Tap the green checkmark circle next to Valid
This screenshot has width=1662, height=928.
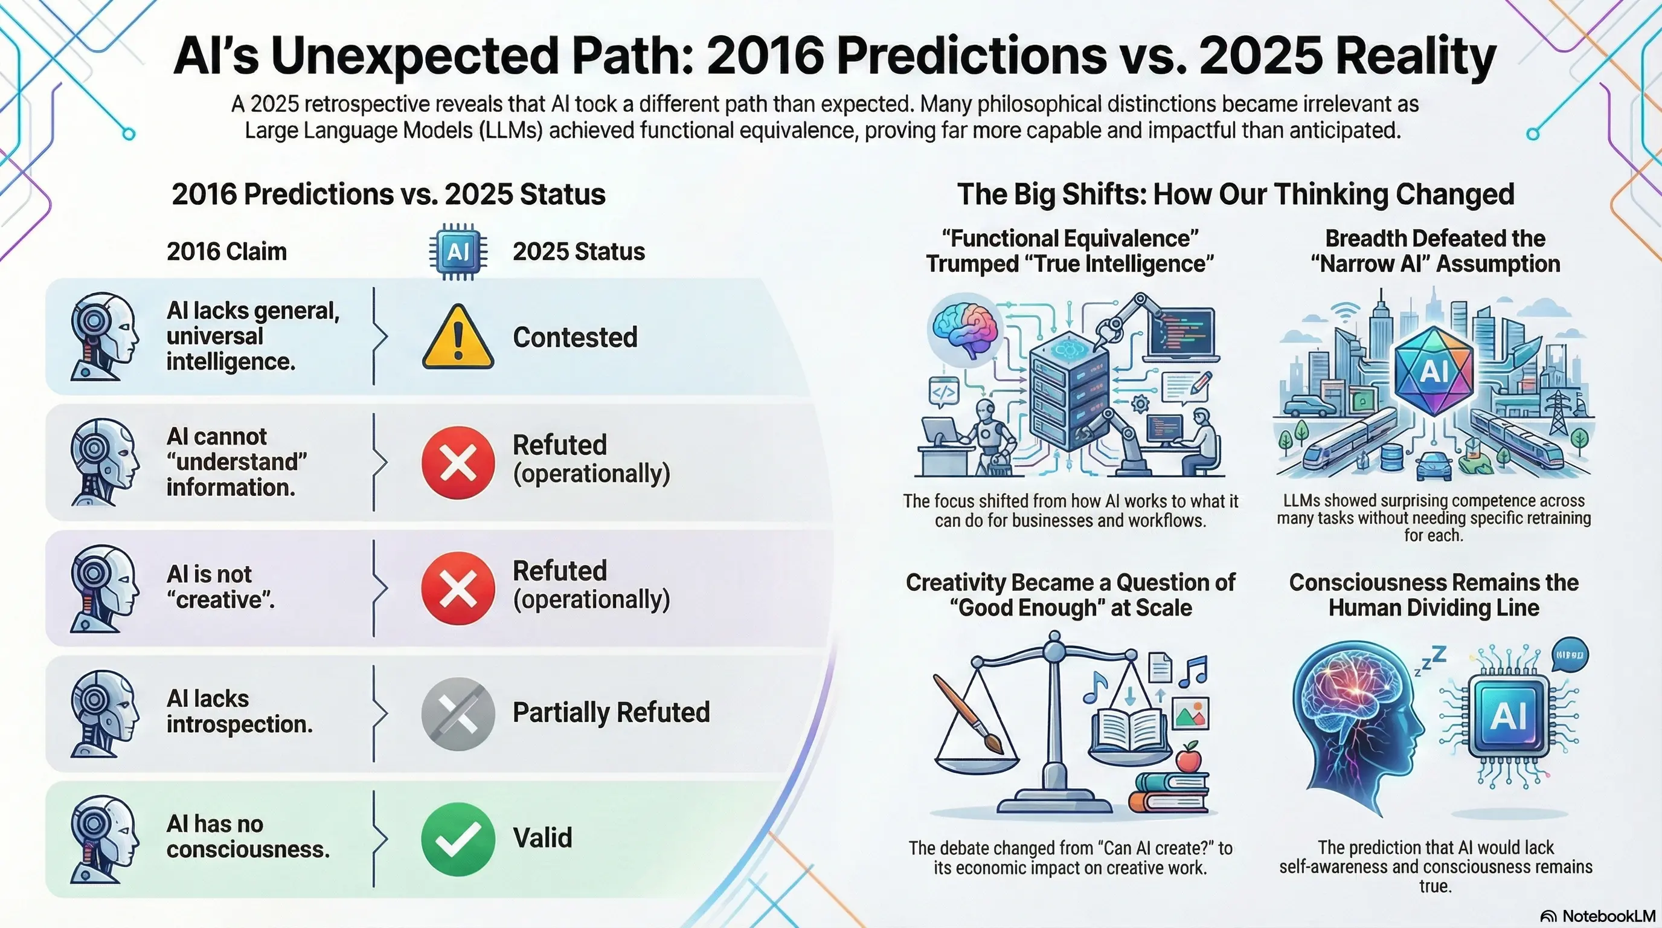pos(458,839)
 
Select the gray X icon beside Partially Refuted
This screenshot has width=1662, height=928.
pos(458,714)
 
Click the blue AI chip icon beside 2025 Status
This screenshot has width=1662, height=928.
pos(458,251)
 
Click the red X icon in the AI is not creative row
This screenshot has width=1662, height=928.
pos(458,588)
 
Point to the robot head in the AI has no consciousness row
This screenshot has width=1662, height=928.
pos(103,839)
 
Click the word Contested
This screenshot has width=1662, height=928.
pos(575,338)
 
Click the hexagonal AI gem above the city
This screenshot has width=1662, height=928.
pos(1434,370)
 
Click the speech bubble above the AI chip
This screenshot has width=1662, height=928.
pos(1570,655)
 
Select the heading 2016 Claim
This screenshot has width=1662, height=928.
pos(226,252)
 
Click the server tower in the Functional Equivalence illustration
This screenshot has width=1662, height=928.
pos(1069,390)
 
